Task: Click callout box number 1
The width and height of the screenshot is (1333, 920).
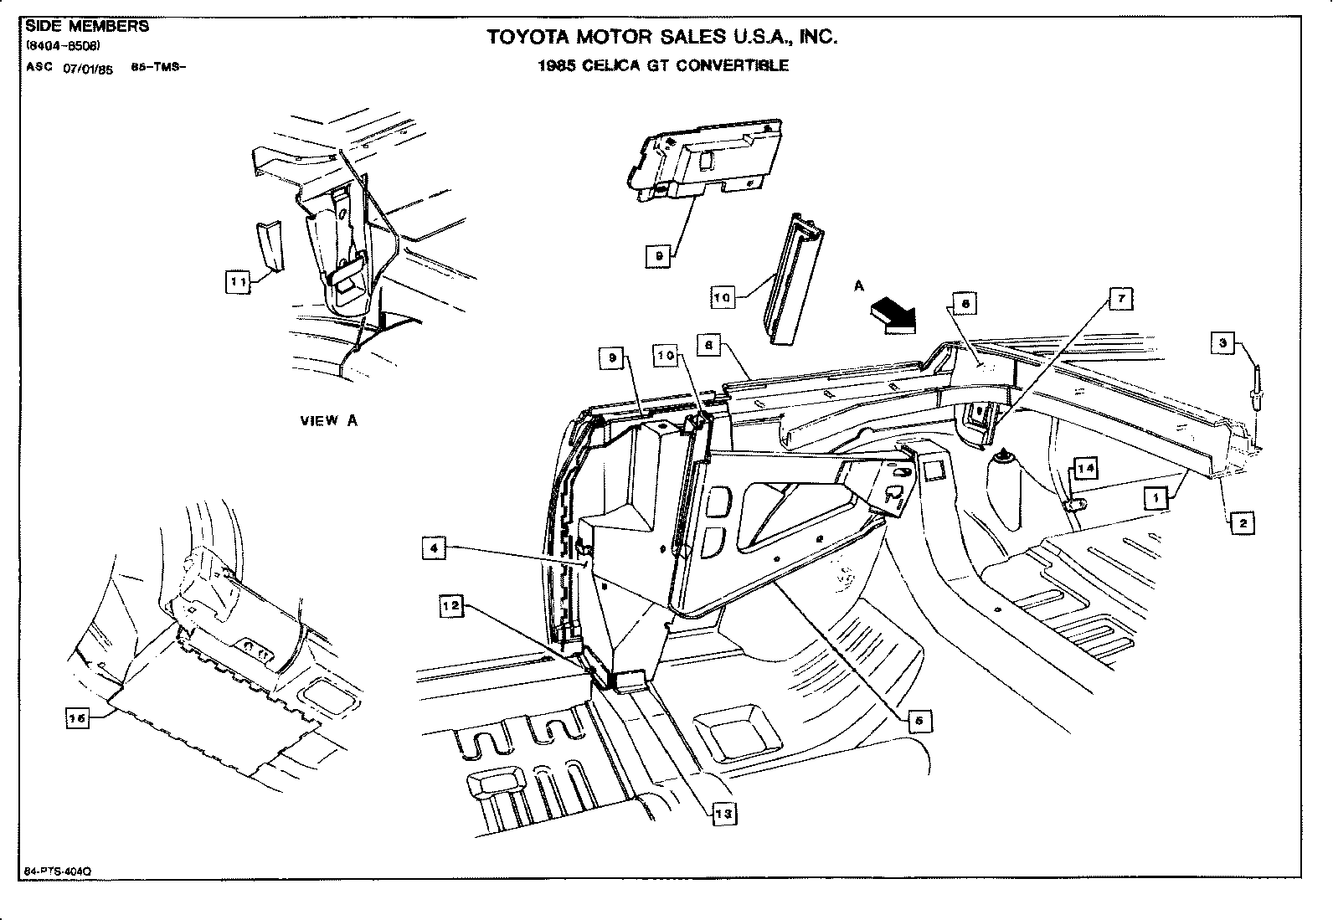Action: (1156, 498)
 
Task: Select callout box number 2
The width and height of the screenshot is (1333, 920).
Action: (1242, 523)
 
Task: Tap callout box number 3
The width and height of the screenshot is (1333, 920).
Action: (1222, 342)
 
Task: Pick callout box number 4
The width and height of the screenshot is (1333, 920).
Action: (434, 549)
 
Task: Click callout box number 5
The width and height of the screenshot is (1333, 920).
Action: (919, 720)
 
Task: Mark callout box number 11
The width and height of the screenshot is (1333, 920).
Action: (238, 283)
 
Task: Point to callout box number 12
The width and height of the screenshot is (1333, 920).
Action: (451, 607)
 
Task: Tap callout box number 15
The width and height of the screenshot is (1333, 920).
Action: (77, 717)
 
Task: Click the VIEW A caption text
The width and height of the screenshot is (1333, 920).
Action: (329, 421)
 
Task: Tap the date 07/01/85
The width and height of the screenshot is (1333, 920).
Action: (87, 69)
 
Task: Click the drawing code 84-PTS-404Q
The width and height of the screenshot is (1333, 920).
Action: (54, 871)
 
